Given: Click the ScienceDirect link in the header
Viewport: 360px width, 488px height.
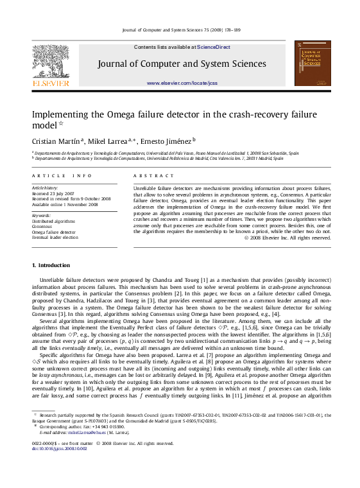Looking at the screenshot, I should (x=214, y=47).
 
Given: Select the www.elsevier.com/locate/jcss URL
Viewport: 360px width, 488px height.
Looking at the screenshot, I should (x=182, y=83).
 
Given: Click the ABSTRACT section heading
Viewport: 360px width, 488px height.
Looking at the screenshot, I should (x=151, y=175).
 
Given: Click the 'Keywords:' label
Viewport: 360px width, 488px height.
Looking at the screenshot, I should (x=41, y=216).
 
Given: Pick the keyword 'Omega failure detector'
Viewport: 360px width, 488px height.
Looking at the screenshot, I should (x=53, y=232).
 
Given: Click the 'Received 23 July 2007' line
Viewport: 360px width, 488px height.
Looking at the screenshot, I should (x=53, y=193).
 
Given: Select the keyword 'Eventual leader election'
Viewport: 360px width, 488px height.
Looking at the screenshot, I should (x=55, y=237).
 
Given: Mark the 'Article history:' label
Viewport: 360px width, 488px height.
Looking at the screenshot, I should (x=45, y=188).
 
